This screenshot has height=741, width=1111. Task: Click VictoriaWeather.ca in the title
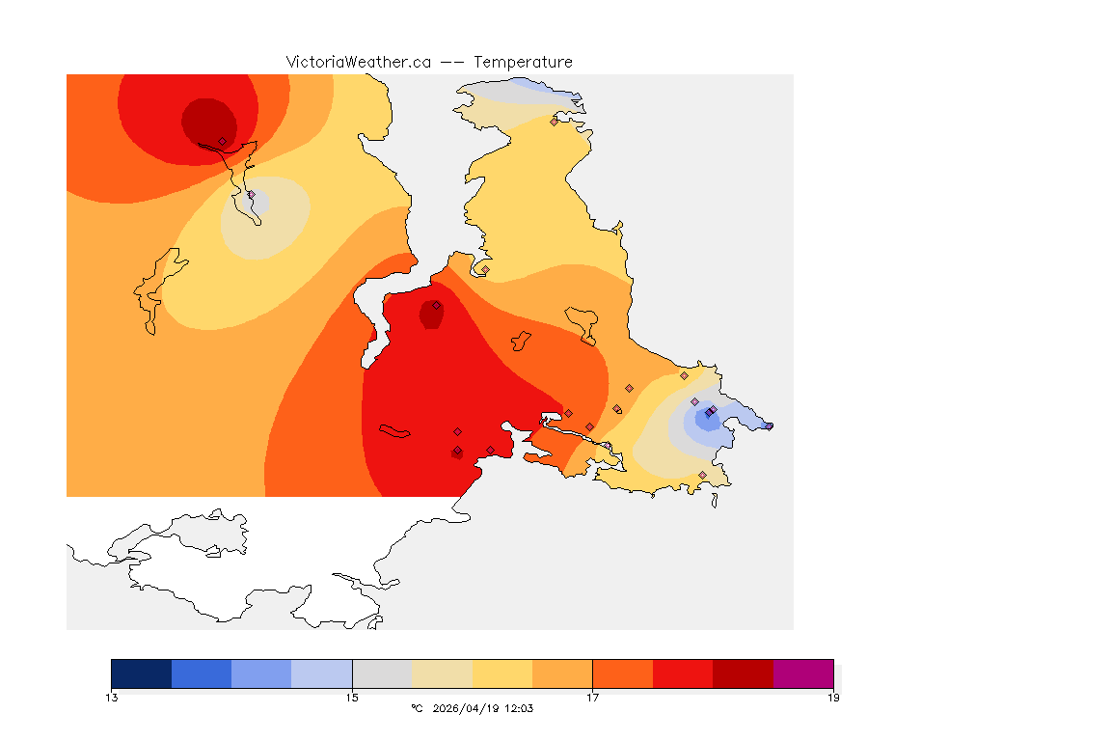(x=358, y=62)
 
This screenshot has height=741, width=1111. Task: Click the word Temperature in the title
(x=523, y=62)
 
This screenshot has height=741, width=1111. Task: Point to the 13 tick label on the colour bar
(x=112, y=697)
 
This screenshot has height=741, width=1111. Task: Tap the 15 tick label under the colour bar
(x=353, y=697)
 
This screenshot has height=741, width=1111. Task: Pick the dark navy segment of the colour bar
(x=142, y=673)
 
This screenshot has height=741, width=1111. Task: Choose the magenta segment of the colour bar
(x=803, y=673)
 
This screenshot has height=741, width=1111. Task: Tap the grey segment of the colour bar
(x=383, y=673)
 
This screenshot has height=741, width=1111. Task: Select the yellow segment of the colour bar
(x=502, y=673)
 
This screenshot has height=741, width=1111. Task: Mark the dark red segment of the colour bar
(x=743, y=673)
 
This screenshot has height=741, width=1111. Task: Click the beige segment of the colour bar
(x=443, y=673)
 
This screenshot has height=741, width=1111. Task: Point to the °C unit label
(x=417, y=708)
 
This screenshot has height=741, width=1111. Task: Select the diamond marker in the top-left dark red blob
(x=222, y=141)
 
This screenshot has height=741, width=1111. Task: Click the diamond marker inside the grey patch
(x=251, y=195)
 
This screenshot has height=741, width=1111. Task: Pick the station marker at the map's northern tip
(x=554, y=122)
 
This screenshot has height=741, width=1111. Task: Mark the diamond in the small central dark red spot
(x=436, y=305)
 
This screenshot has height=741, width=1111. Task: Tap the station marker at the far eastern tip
(x=769, y=425)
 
